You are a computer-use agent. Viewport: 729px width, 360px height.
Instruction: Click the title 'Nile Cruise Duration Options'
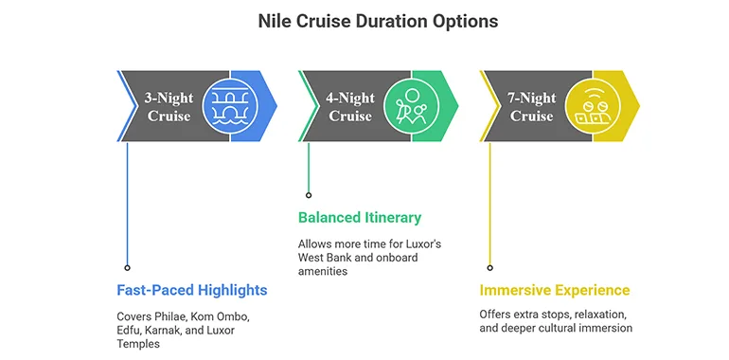pyautogui.click(x=364, y=20)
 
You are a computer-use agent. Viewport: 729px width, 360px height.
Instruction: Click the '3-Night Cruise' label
pyautogui.click(x=169, y=106)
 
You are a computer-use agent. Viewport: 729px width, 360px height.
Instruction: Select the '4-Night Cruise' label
pyautogui.click(x=350, y=106)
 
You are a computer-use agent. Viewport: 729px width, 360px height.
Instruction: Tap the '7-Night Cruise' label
pyautogui.click(x=532, y=106)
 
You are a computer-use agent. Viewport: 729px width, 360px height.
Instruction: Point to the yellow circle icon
pyautogui.click(x=594, y=105)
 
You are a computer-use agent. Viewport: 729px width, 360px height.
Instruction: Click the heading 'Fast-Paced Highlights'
pyautogui.click(x=192, y=290)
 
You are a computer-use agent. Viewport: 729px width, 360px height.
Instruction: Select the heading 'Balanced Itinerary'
pyautogui.click(x=360, y=217)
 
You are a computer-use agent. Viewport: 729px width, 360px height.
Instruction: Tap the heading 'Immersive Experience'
pyautogui.click(x=555, y=290)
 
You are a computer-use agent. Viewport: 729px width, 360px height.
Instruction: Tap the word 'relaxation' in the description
pyautogui.click(x=604, y=314)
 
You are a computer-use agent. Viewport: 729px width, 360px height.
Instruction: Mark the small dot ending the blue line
pyautogui.click(x=127, y=267)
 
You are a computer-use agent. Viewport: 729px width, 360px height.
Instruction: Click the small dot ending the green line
pyautogui.click(x=309, y=196)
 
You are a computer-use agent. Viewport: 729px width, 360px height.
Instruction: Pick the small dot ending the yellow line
pyautogui.click(x=489, y=267)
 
